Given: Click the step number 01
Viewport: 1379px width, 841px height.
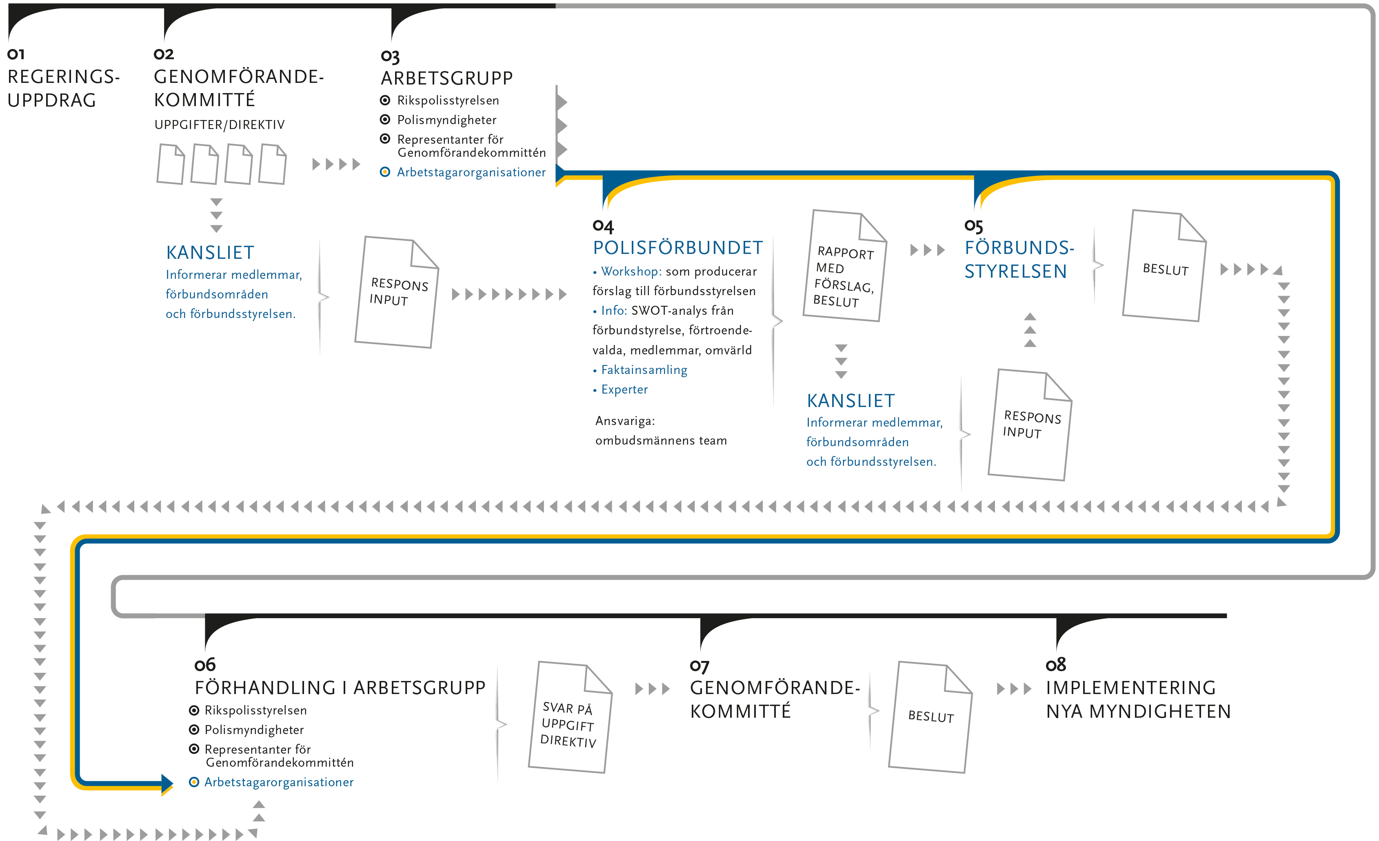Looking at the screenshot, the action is pyautogui.click(x=16, y=54).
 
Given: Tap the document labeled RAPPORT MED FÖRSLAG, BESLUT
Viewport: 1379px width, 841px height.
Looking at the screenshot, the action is pyautogui.click(x=844, y=265).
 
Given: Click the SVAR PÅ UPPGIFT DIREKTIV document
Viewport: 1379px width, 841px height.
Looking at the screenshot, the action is pyautogui.click(x=570, y=717).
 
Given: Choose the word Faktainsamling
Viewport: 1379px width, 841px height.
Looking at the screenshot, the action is pyautogui.click(x=644, y=370).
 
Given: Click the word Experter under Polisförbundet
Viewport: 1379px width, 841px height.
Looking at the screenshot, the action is pyautogui.click(x=624, y=390).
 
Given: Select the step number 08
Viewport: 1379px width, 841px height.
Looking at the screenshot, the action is pyautogui.click(x=1055, y=665).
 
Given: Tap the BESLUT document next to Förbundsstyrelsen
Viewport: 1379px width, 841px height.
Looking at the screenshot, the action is pyautogui.click(x=1164, y=265).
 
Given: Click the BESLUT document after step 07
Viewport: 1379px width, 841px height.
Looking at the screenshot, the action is pyautogui.click(x=930, y=717).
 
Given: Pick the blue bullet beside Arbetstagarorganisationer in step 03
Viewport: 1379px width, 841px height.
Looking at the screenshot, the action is pyautogui.click(x=385, y=172).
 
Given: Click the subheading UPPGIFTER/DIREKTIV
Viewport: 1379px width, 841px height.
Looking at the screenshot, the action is pyautogui.click(x=220, y=125).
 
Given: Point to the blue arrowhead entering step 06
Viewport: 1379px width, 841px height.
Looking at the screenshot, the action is pyautogui.click(x=167, y=784).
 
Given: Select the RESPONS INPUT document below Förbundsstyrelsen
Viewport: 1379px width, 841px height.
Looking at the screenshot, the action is pyautogui.click(x=1030, y=425).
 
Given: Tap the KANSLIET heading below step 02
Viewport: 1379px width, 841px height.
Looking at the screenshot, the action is pyautogui.click(x=210, y=253).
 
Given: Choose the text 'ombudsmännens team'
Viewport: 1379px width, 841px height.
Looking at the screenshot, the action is pyautogui.click(x=661, y=441).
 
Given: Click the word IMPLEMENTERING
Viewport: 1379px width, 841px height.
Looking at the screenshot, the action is pyautogui.click(x=1130, y=687).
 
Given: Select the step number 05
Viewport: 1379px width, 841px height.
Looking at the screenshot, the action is pyautogui.click(x=973, y=226).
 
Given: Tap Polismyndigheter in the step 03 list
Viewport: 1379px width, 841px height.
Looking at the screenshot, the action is pyautogui.click(x=446, y=120).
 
